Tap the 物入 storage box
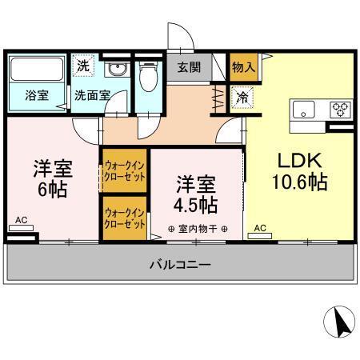[x=242, y=67]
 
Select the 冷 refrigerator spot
[x=241, y=96]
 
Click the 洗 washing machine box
[x=83, y=66]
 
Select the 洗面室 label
[x=92, y=94]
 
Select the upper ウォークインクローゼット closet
[x=124, y=172]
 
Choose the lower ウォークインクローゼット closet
[x=124, y=219]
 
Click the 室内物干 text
[x=197, y=230]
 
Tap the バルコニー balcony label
[x=180, y=265]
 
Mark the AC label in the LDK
[x=259, y=228]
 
